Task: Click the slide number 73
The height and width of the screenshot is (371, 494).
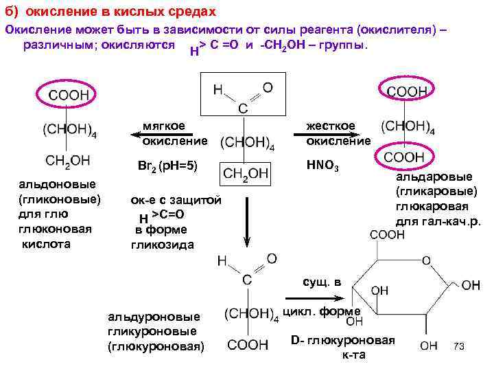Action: (x=459, y=346)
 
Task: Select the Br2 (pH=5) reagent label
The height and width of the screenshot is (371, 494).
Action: (x=167, y=166)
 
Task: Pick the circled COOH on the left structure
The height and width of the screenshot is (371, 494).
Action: (x=67, y=95)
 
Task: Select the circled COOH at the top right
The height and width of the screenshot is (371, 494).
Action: (x=407, y=91)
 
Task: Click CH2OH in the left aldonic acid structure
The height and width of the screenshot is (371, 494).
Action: (x=67, y=160)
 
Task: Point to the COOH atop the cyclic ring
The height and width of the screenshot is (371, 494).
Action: (x=388, y=235)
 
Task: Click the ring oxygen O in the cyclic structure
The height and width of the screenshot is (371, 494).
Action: (x=426, y=260)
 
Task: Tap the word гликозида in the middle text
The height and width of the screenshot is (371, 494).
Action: (x=163, y=245)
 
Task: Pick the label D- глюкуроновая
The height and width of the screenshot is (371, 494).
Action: (x=343, y=341)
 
